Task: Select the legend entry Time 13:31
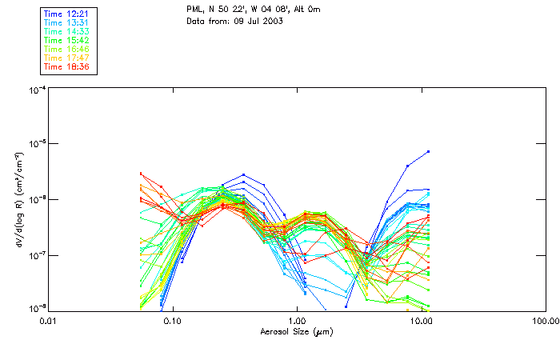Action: pyautogui.click(x=66, y=23)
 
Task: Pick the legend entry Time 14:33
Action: pyautogui.click(x=66, y=32)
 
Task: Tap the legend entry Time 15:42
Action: pyautogui.click(x=66, y=41)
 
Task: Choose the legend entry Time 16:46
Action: pyautogui.click(x=66, y=50)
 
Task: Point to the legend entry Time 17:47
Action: pyautogui.click(x=66, y=58)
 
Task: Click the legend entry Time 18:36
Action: pyautogui.click(x=66, y=67)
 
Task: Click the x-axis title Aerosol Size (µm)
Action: pyautogui.click(x=296, y=331)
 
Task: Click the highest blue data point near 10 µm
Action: pyautogui.click(x=429, y=151)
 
